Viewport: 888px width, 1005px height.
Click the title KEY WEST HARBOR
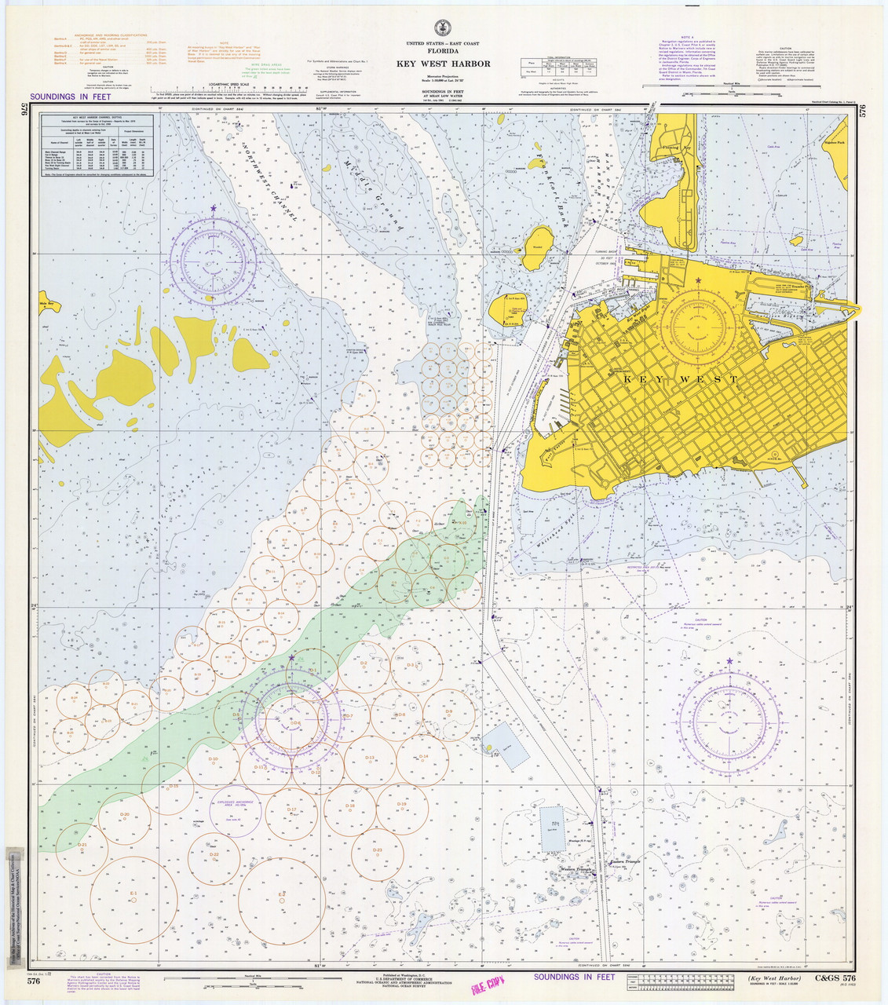pos(443,64)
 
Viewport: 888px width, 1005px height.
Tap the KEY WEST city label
pos(681,379)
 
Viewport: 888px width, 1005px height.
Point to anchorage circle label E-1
pos(133,894)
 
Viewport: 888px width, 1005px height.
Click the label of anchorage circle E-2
pos(281,894)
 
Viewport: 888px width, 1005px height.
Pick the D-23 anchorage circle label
pos(377,850)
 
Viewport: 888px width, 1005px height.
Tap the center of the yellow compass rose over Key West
pos(698,323)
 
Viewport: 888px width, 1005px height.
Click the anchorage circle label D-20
pos(125,814)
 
